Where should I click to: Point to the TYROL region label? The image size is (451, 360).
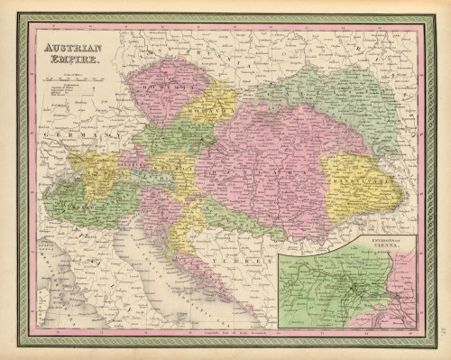pos(99,171)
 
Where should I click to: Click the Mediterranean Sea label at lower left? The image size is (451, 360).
pos(54,271)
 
